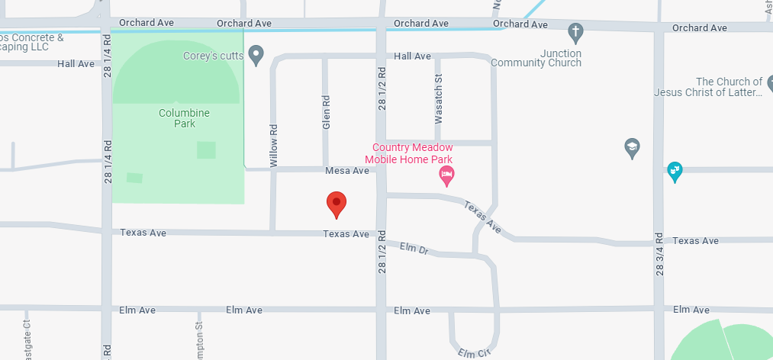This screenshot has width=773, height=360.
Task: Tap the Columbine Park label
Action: click(x=184, y=118)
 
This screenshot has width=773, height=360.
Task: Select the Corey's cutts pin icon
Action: click(x=257, y=55)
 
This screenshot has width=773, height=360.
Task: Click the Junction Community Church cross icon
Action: click(x=576, y=33)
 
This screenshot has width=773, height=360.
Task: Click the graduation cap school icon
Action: click(x=632, y=148)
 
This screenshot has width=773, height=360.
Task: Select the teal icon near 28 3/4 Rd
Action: click(x=675, y=171)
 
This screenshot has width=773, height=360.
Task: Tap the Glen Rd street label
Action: click(x=326, y=111)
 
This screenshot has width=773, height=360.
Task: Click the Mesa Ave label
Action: click(x=347, y=171)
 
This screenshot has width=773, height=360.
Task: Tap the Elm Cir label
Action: click(x=474, y=353)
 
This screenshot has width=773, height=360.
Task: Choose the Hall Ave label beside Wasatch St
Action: click(x=412, y=56)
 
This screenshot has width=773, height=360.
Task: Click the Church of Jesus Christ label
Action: click(x=708, y=87)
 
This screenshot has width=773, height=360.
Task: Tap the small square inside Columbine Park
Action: click(x=206, y=149)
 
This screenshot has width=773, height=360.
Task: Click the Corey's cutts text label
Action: click(x=214, y=56)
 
